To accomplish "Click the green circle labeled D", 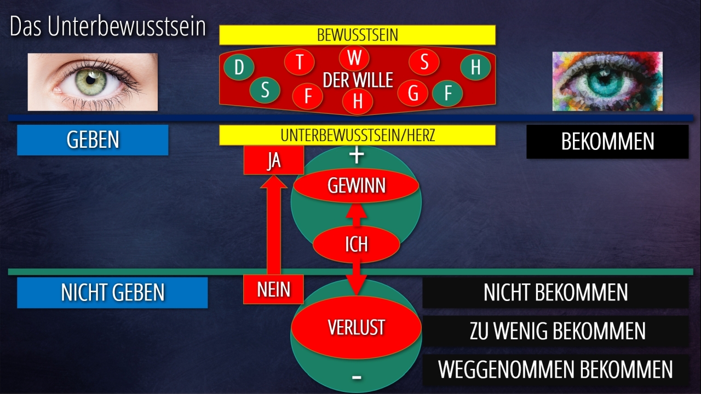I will point(239,68).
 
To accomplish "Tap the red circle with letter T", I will point(300,62).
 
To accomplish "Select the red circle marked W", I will point(354,57).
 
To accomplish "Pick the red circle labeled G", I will point(413,94).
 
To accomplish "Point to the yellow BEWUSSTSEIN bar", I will point(357,35).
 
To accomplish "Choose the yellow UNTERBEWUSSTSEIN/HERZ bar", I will point(357,135).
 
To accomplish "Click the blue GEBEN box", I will point(93,140).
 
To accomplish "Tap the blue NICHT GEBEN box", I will point(112,292).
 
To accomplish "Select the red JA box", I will point(273,161).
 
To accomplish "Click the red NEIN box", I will point(273,289).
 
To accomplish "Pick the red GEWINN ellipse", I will point(356,186).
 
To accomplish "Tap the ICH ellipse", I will point(356,244).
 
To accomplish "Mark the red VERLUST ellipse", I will point(356,327).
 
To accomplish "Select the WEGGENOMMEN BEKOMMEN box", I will point(555,369).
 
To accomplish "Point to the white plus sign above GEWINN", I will point(357,155).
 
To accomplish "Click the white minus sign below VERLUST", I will point(357,377).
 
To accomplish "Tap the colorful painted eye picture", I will point(607,81).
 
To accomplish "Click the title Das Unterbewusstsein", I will point(107,27).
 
